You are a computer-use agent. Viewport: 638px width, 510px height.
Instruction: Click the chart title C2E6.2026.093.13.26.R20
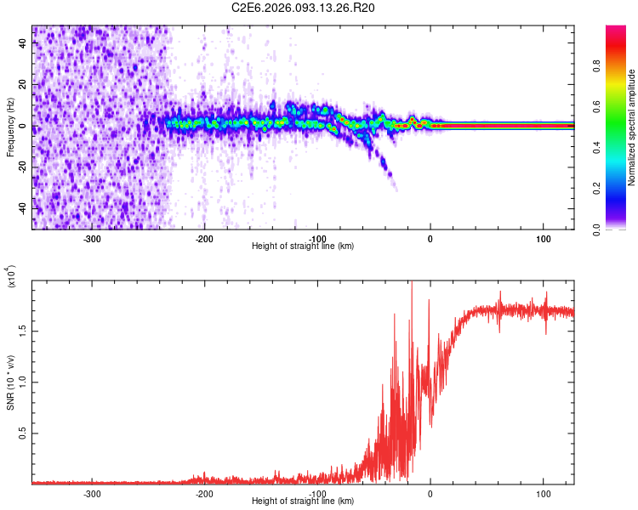pyautogui.click(x=304, y=8)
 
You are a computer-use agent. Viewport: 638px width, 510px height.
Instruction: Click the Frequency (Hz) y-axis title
pyautogui.click(x=10, y=127)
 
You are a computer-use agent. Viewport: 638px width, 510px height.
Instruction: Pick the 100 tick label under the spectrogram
pyautogui.click(x=544, y=237)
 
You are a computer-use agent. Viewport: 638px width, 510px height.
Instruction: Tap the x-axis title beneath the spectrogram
pyautogui.click(x=303, y=246)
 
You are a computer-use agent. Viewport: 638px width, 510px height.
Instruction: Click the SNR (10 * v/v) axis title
pyautogui.click(x=10, y=382)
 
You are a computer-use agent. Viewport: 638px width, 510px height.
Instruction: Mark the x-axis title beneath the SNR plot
pyautogui.click(x=303, y=501)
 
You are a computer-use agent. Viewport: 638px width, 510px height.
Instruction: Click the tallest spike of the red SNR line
pyautogui.click(x=412, y=284)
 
